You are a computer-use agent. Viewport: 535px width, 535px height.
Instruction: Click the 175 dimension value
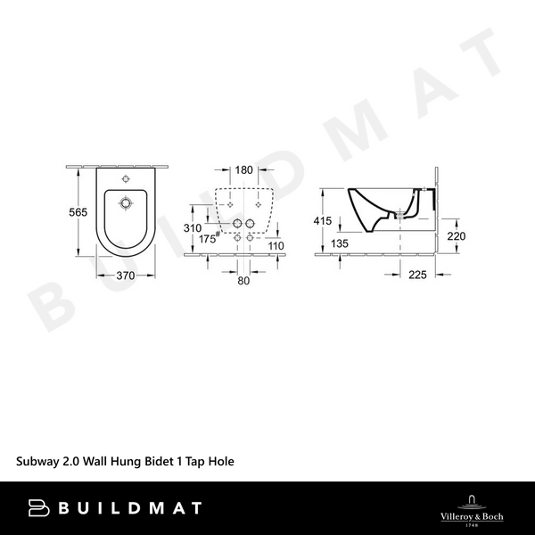pyautogui.click(x=209, y=240)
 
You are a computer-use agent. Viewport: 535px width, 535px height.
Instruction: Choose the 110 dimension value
pyautogui.click(x=276, y=245)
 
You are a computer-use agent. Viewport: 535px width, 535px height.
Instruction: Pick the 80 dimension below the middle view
pyautogui.click(x=243, y=282)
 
